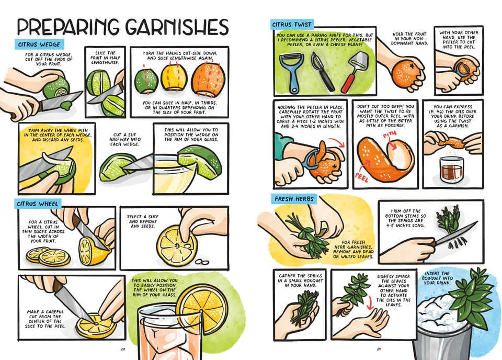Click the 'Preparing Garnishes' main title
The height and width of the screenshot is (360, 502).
click(x=123, y=27)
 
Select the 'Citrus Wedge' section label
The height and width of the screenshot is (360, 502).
click(x=40, y=44)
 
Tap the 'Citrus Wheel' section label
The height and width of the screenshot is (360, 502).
click(x=39, y=203)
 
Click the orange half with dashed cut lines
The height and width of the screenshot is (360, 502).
click(x=208, y=81)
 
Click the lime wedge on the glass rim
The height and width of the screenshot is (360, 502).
click(x=199, y=160)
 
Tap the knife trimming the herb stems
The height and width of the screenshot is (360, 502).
click(x=455, y=233)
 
